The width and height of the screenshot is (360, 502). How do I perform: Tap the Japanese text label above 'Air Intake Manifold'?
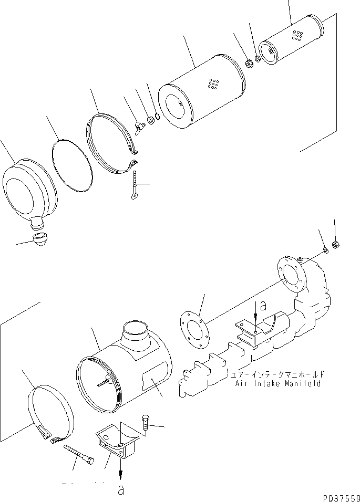pos(277,375)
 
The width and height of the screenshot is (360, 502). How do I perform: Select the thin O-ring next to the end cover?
pos(73,164)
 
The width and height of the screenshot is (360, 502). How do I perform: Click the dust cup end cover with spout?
pos(29,190)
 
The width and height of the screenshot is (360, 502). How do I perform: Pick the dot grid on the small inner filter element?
pos(297,35)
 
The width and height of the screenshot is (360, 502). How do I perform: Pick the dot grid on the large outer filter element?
pos(213,83)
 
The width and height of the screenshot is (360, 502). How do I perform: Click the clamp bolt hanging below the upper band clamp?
pos(135,184)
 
